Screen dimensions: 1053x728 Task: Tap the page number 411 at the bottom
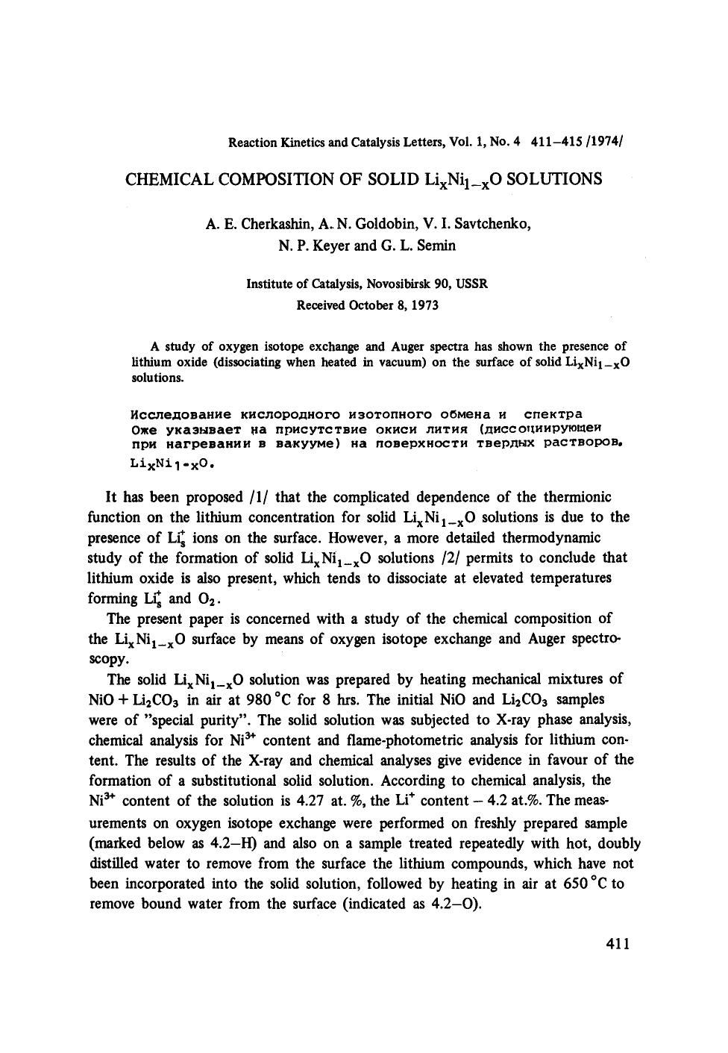618,944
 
